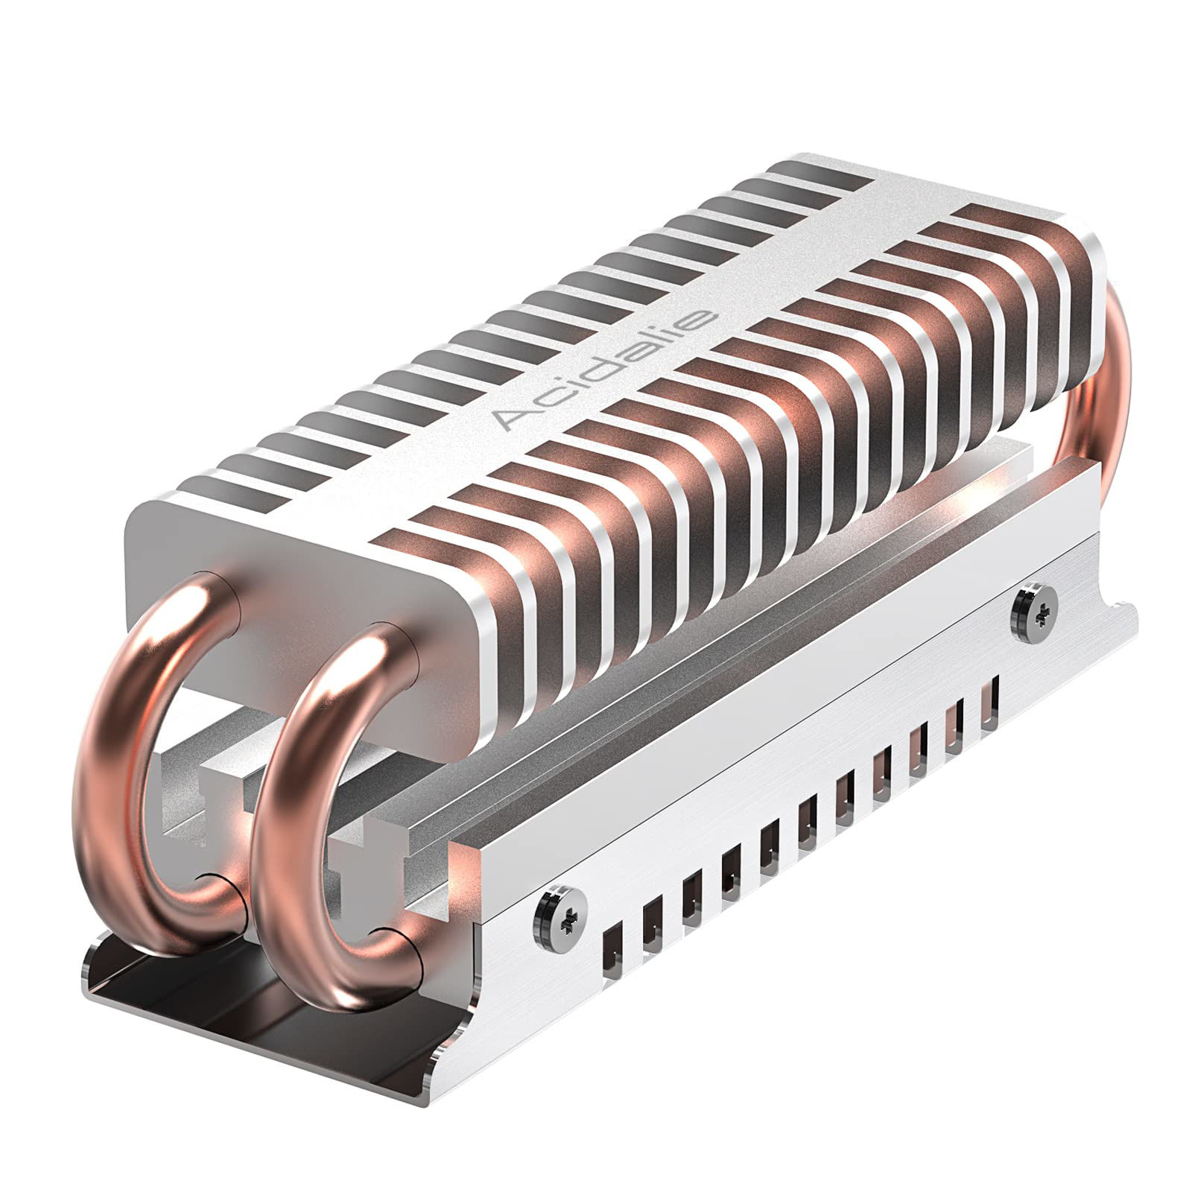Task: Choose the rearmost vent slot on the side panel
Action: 989,704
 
